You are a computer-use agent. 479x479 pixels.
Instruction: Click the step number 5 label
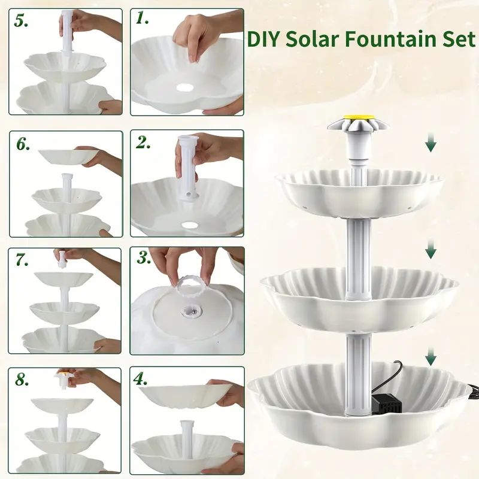point(21,21)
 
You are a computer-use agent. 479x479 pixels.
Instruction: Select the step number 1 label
point(143,19)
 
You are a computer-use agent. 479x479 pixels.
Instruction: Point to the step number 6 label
point(23,144)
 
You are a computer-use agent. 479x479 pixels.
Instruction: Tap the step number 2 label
point(143,142)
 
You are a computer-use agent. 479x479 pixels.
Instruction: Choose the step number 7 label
point(22,260)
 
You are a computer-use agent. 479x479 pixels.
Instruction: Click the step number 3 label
point(144,258)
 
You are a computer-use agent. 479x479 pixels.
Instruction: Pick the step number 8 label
point(22,380)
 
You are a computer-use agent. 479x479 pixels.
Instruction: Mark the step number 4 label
point(141,379)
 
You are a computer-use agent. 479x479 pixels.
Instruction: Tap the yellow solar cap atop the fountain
point(359,117)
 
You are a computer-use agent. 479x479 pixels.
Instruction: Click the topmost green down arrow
point(431,143)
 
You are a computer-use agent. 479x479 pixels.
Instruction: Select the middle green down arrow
point(431,249)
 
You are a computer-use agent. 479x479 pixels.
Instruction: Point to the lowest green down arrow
point(431,356)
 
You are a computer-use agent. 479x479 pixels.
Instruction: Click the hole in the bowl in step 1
point(185,87)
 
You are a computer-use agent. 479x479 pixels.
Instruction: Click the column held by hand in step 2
point(187,168)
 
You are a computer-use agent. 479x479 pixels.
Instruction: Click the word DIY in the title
point(263,40)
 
